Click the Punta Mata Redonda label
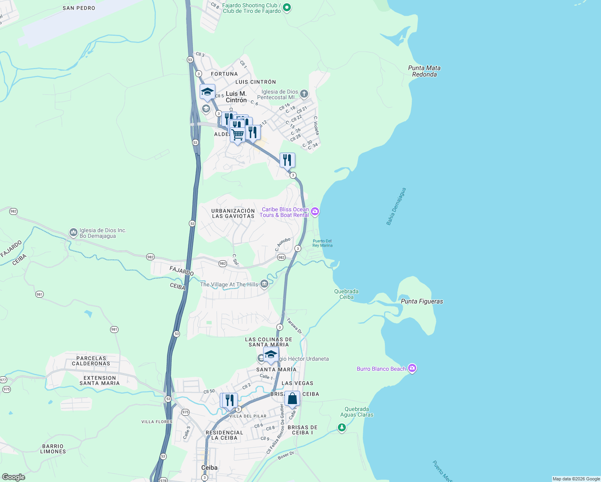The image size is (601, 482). point(424,71)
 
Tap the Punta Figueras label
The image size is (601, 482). point(422,301)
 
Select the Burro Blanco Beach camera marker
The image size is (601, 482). point(412,368)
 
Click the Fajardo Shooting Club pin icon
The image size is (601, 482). point(286,8)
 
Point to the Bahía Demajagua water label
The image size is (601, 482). point(396,206)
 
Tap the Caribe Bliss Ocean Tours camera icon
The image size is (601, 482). point(315,211)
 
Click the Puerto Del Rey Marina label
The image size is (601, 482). point(322,243)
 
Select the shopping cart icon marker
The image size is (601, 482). point(237,135)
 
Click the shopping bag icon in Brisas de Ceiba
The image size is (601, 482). point(292,399)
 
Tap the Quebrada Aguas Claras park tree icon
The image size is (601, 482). point(341,427)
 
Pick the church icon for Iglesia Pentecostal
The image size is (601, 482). point(304,94)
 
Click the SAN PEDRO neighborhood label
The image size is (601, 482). point(79,8)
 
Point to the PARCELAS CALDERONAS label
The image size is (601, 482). point(91,361)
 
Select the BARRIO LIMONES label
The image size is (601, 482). point(53,449)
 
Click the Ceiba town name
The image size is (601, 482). point(209,468)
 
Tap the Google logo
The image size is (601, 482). point(14,477)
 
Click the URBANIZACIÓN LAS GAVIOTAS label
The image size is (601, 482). point(233,213)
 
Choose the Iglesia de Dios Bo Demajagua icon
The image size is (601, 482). point(73,233)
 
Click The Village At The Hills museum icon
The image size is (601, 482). point(264,284)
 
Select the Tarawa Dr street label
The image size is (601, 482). point(294,326)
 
